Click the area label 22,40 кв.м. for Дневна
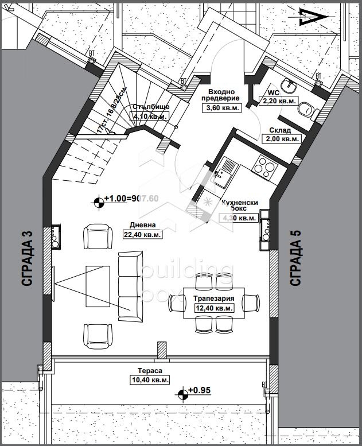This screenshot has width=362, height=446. click(143, 234)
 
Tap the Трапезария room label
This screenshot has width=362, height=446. click(212, 299)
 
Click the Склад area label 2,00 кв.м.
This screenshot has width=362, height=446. click(282, 138)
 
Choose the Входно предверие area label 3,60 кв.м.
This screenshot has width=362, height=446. click(220, 107)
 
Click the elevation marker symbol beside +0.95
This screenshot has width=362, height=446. click(183, 393)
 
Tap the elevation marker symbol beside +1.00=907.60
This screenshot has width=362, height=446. click(100, 200)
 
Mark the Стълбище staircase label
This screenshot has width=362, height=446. click(150, 107)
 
